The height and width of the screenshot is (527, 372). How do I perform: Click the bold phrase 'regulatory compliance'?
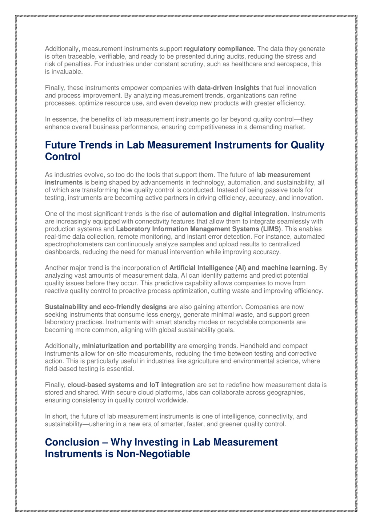coord(219,49)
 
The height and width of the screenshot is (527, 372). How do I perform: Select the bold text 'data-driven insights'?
coord(228,88)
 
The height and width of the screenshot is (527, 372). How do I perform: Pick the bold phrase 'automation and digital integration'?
coord(234,214)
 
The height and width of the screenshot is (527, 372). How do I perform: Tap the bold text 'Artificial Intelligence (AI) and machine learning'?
coord(242,268)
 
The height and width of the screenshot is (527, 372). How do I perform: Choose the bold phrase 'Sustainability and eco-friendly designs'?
coord(106,307)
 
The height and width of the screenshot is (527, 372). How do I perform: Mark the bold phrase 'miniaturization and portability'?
coord(129,346)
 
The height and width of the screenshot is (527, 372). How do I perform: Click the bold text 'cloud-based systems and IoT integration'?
coord(131,385)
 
